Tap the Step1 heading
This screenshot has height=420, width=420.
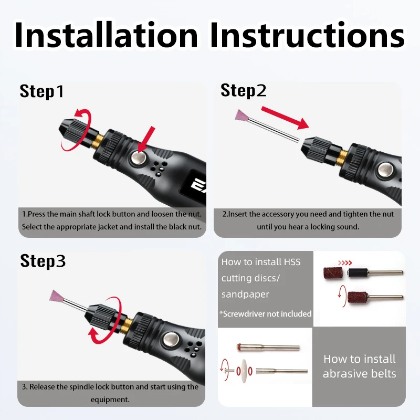tap(41, 91)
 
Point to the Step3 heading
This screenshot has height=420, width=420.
tap(43, 261)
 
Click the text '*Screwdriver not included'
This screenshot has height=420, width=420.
tap(266, 313)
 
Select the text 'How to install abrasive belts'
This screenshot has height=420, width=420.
tap(359, 366)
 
